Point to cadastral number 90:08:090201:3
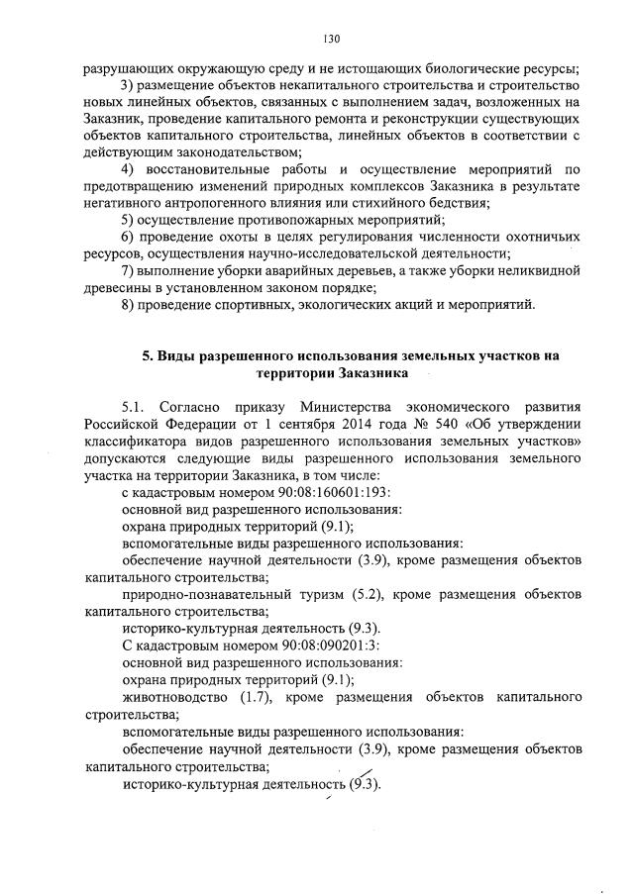[266, 645]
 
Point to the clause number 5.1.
[134, 406]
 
